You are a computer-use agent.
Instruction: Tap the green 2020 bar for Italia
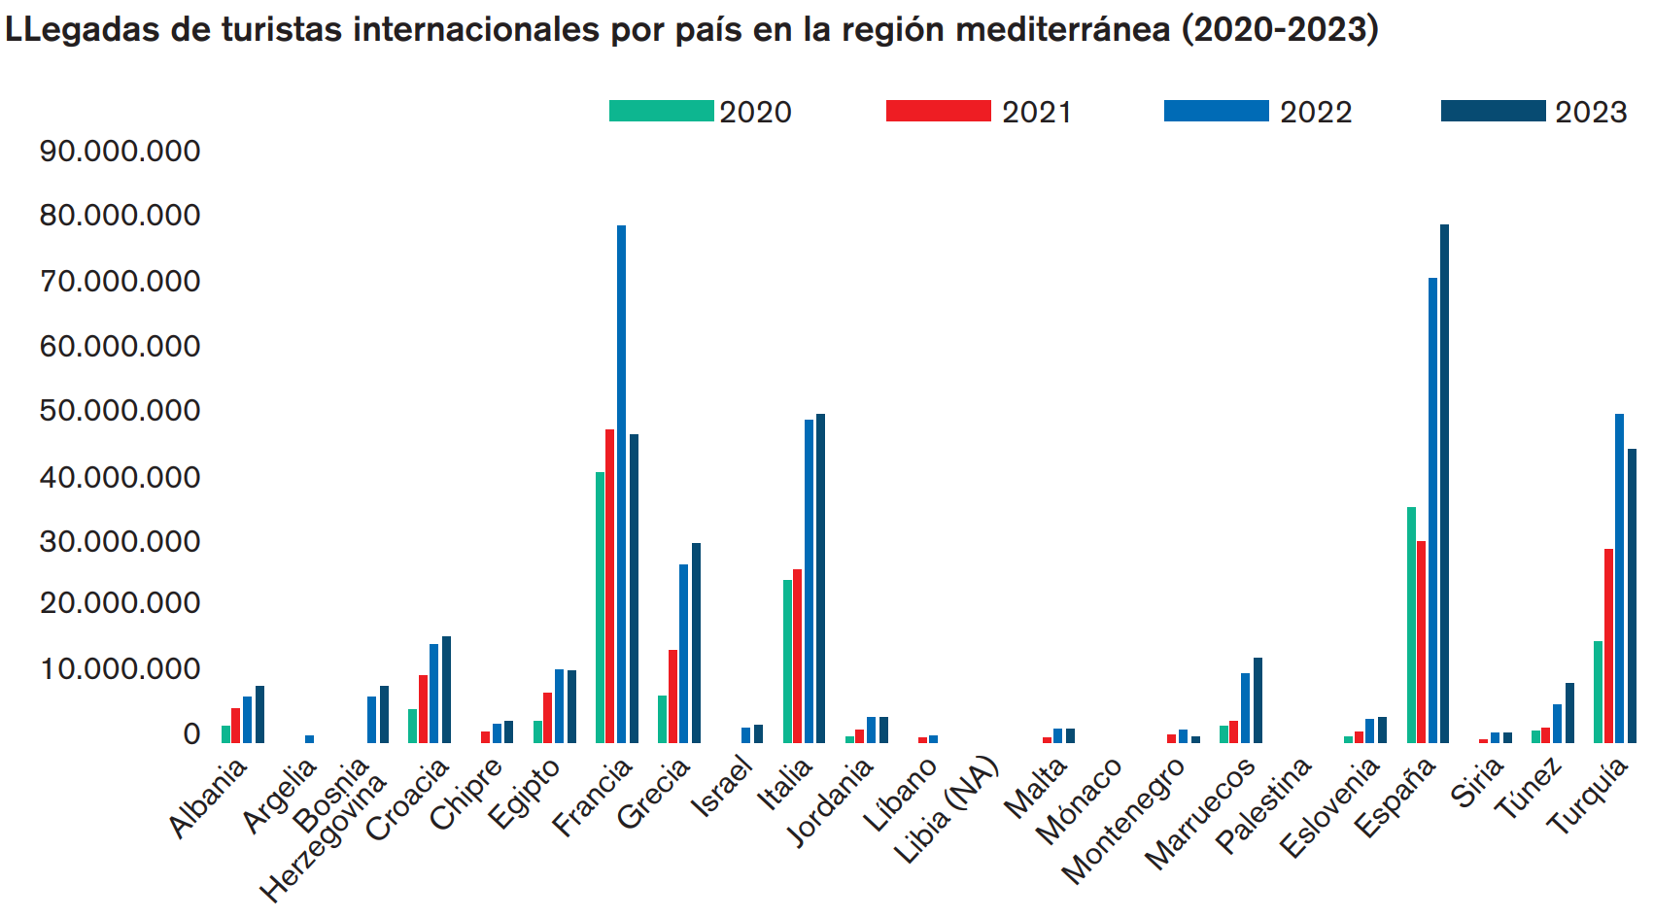point(787,661)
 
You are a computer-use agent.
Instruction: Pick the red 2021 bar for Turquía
point(1608,646)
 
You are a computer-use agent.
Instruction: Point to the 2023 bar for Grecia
point(696,643)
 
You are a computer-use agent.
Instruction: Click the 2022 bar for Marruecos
point(1245,708)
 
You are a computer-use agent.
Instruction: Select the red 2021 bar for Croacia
point(423,709)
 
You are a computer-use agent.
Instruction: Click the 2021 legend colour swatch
point(938,111)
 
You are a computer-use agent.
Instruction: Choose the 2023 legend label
point(1590,113)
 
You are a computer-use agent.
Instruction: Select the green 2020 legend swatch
point(661,111)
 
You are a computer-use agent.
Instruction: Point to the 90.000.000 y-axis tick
point(120,152)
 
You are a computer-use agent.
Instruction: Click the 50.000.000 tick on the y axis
point(120,411)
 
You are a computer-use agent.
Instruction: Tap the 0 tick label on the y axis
point(191,734)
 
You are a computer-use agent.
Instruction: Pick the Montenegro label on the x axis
point(1123,821)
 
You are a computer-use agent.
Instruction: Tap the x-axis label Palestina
point(1263,806)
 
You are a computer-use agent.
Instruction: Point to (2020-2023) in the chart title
point(1279,30)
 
